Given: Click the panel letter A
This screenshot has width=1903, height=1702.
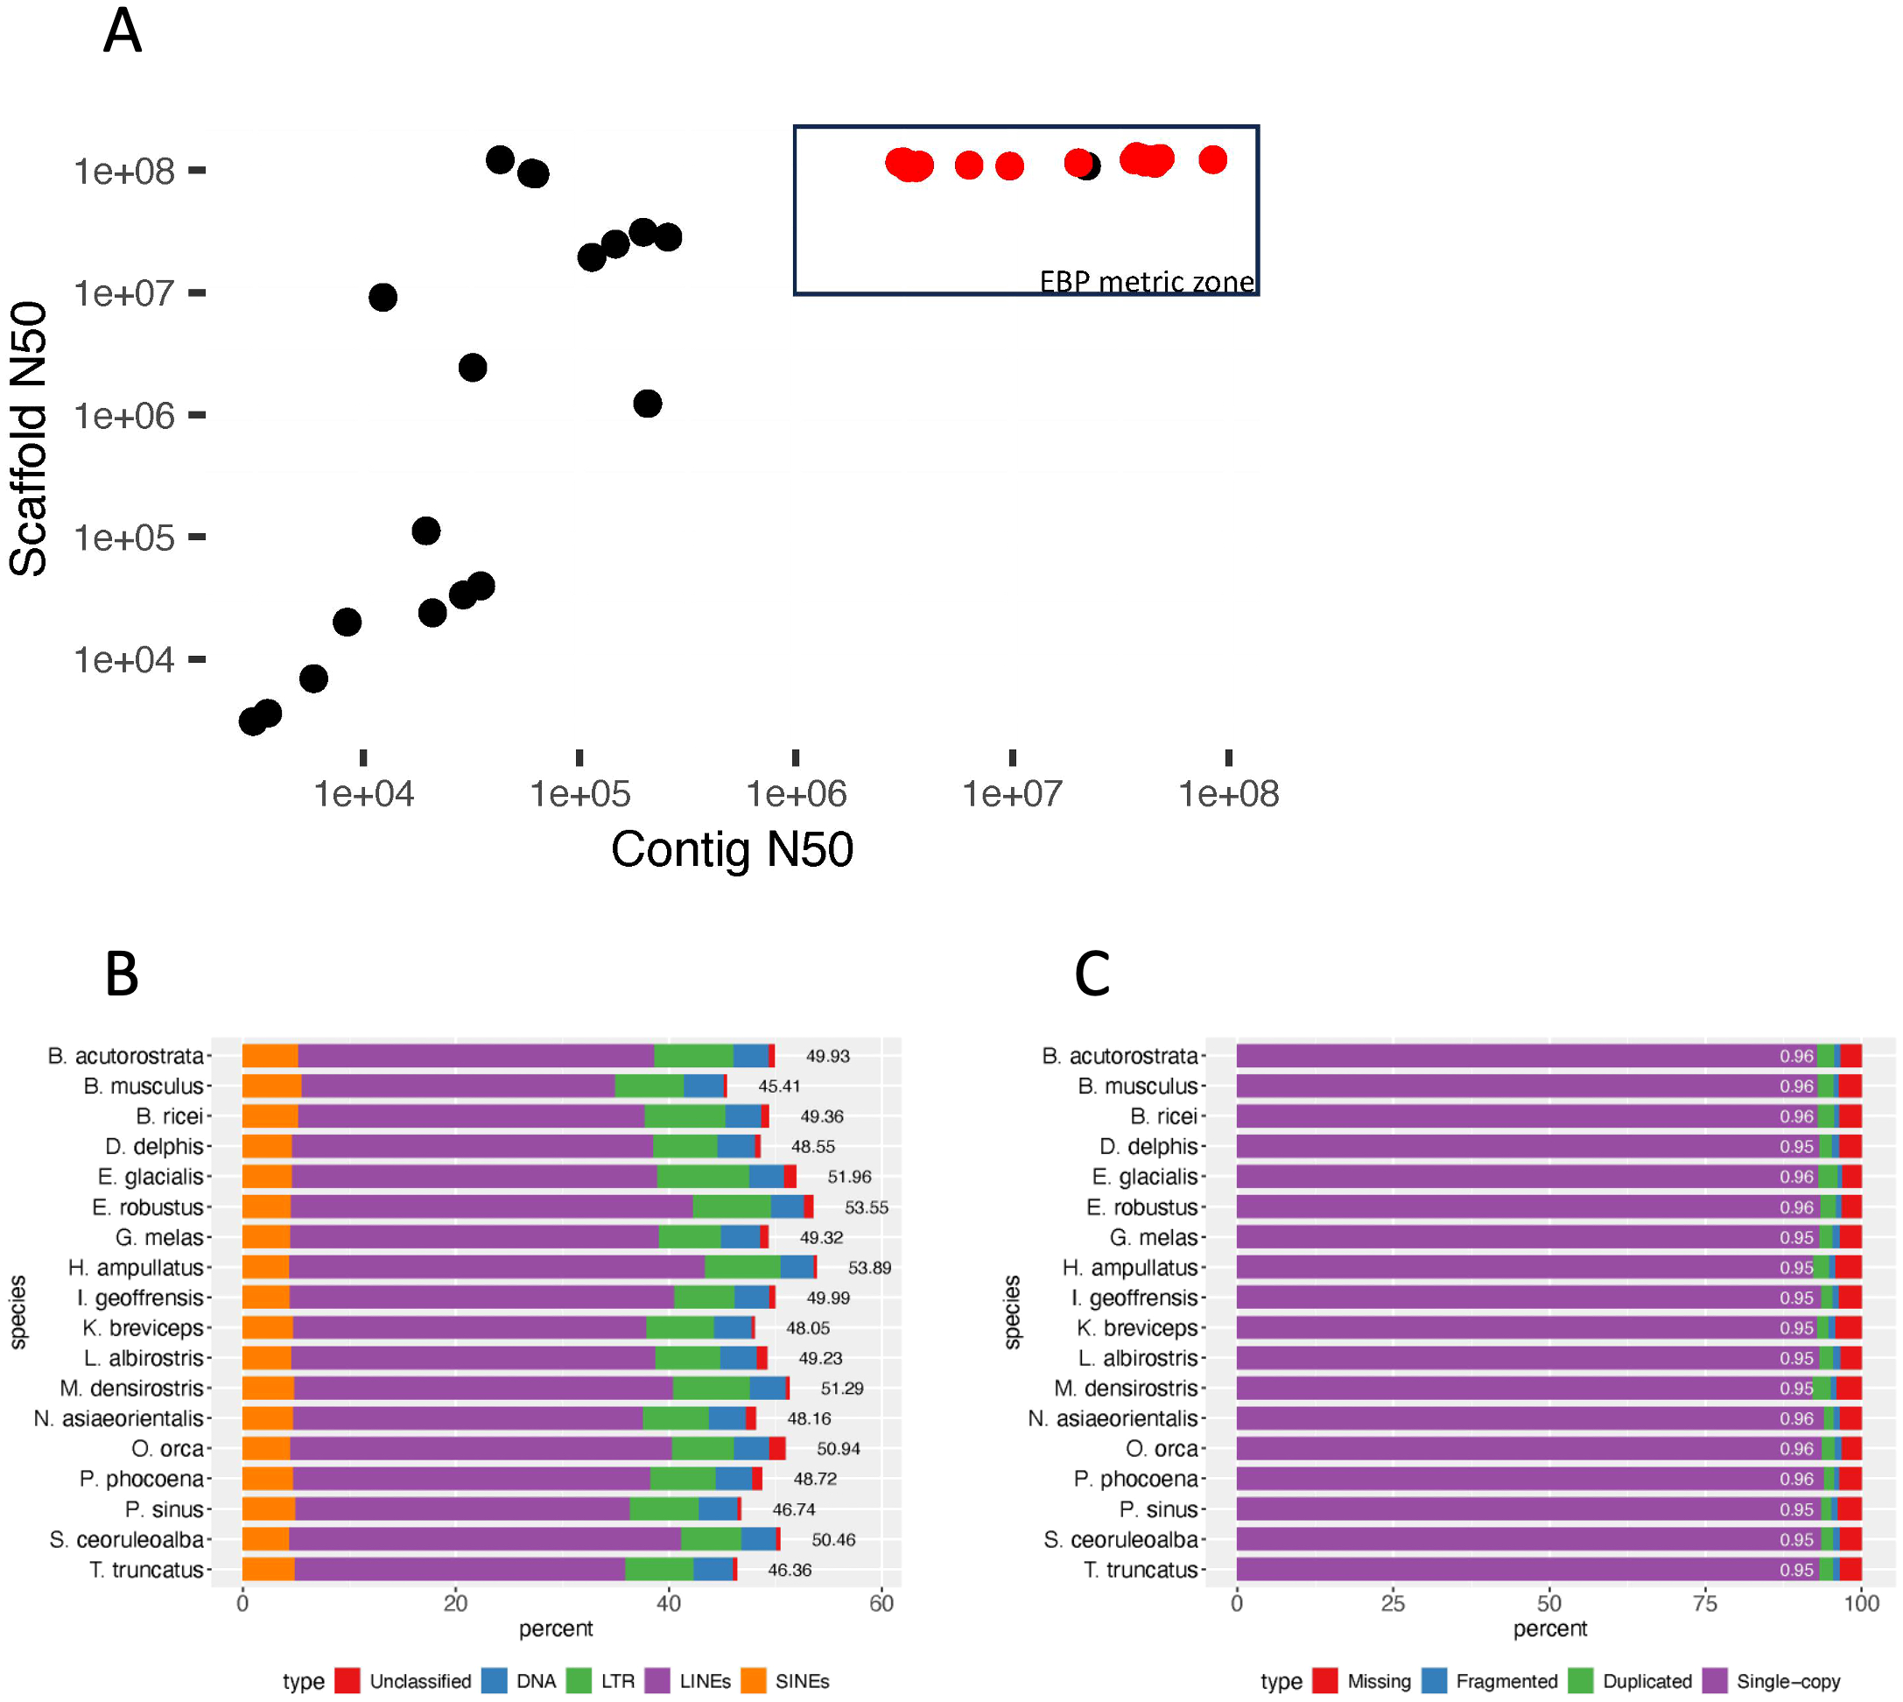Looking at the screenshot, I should pyautogui.click(x=123, y=32).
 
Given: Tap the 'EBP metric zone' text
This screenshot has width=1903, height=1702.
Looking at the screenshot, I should pyautogui.click(x=1147, y=282).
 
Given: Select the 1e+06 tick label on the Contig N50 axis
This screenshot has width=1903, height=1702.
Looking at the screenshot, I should pyautogui.click(x=796, y=795).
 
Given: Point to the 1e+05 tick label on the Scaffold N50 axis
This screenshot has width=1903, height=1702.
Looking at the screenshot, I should pyautogui.click(x=124, y=538).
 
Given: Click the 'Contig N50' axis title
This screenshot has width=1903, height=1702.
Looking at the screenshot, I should pyautogui.click(x=731, y=849).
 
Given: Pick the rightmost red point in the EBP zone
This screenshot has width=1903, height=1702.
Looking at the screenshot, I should pyautogui.click(x=1212, y=160).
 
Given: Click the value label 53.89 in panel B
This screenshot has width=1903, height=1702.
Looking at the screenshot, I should pyautogui.click(x=868, y=1268).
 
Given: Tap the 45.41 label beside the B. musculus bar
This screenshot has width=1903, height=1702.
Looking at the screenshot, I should pyautogui.click(x=779, y=1087).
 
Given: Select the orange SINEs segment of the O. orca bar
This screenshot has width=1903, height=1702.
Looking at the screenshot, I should pyautogui.click(x=265, y=1449).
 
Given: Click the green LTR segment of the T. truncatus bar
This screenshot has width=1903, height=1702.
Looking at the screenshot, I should pyautogui.click(x=658, y=1570).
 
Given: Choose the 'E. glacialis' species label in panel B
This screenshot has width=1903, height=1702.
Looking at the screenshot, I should pyautogui.click(x=151, y=1178).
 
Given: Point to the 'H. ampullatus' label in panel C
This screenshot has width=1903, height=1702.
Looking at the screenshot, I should pyautogui.click(x=1130, y=1268).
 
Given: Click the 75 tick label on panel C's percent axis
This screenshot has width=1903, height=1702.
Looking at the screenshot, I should pyautogui.click(x=1705, y=1604).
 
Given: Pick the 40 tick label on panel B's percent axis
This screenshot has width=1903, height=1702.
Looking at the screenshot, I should pyautogui.click(x=669, y=1604).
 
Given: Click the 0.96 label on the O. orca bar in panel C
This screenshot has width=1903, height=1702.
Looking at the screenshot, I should pyautogui.click(x=1795, y=1449).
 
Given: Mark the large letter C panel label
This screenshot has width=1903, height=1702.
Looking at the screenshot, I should pyautogui.click(x=1092, y=974).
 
